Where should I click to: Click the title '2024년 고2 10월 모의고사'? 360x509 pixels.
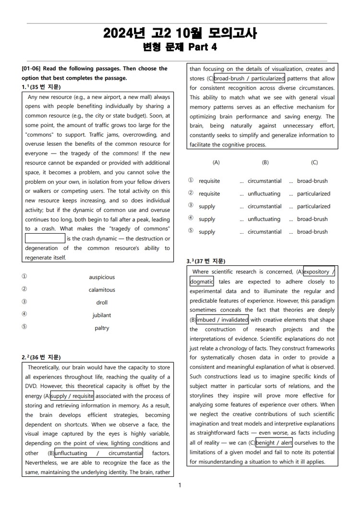pyautogui.click(x=180, y=34)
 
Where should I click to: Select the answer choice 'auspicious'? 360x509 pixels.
pyautogui.click(x=102, y=277)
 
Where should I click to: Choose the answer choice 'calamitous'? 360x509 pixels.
pyautogui.click(x=102, y=290)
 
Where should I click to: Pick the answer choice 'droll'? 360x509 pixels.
pyautogui.click(x=102, y=303)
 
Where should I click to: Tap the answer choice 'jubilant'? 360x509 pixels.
pyautogui.click(x=102, y=315)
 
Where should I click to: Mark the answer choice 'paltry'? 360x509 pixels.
pyautogui.click(x=102, y=328)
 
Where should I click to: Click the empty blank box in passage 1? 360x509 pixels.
pyautogui.click(x=45, y=238)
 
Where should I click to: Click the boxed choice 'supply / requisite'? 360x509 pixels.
pyautogui.click(x=72, y=396)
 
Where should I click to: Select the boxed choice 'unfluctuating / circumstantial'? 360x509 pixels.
pyautogui.click(x=98, y=453)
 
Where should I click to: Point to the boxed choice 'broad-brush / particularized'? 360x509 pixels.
pyautogui.click(x=249, y=78)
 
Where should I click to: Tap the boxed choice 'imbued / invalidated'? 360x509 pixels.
pyautogui.click(x=222, y=320)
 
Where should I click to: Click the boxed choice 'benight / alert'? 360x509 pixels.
pyautogui.click(x=275, y=443)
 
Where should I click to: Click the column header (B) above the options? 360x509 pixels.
pyautogui.click(x=265, y=163)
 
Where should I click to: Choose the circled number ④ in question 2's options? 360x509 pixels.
pyautogui.click(x=191, y=219)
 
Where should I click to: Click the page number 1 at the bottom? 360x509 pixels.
pyautogui.click(x=180, y=485)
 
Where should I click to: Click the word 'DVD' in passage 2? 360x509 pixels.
pyautogui.click(x=31, y=386)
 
